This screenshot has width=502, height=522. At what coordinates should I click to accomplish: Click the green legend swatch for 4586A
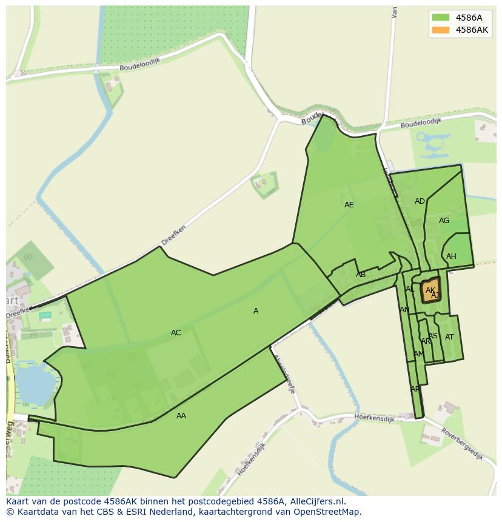pyautogui.click(x=441, y=17)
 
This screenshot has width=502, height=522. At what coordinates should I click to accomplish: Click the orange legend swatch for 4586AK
pyautogui.click(x=441, y=30)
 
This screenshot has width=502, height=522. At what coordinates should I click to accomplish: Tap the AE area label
pyautogui.click(x=349, y=205)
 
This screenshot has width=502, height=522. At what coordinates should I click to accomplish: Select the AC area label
pyautogui.click(x=176, y=333)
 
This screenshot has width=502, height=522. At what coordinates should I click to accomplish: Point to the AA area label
pyautogui.click(x=181, y=416)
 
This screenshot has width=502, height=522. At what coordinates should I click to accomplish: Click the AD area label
pyautogui.click(x=420, y=201)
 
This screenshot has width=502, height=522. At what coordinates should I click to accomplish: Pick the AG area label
pyautogui.click(x=444, y=221)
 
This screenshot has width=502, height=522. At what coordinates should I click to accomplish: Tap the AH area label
pyautogui.click(x=451, y=256)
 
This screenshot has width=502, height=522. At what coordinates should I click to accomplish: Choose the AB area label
pyautogui.click(x=361, y=275)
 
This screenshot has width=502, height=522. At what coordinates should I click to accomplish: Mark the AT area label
pyautogui.click(x=449, y=337)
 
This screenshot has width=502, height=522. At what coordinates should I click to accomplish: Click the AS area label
pyautogui.click(x=433, y=336)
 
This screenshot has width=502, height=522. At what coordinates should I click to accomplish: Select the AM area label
pyautogui.click(x=418, y=354)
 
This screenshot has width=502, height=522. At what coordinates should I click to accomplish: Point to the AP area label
pyautogui.click(x=415, y=389)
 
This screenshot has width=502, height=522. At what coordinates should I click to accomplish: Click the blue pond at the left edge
pyautogui.click(x=30, y=385)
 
